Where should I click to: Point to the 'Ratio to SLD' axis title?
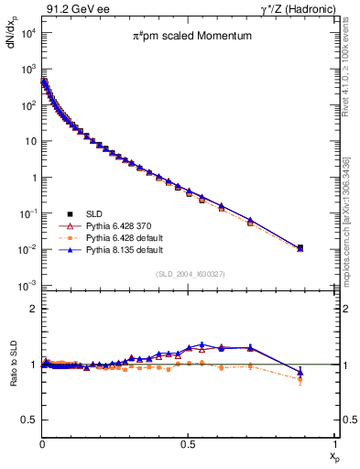click(x=12, y=380)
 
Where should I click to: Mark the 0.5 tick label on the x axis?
click(x=188, y=443)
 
